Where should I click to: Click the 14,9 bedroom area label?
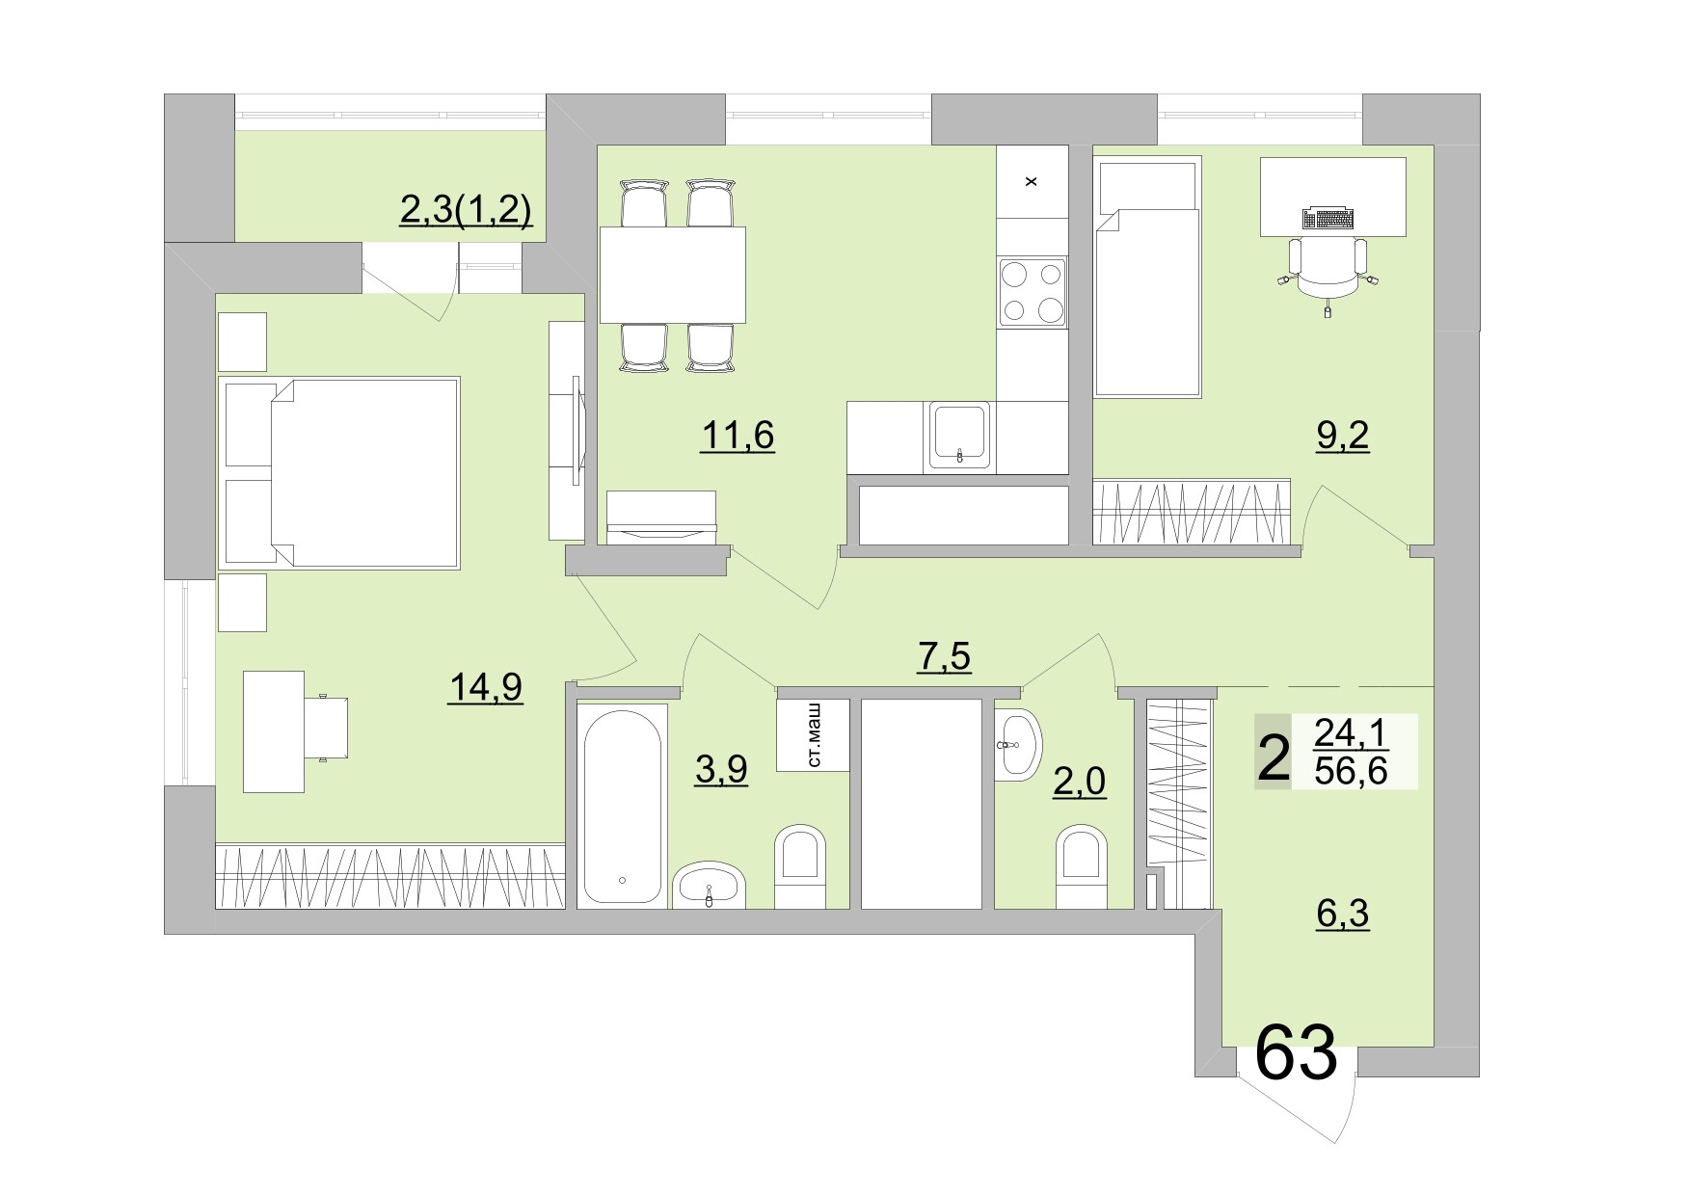(485, 687)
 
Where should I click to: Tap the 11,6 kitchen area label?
(738, 436)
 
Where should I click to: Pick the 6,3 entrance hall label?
(1343, 913)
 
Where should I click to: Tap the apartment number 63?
(1297, 1053)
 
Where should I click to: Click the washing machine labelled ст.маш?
(813, 735)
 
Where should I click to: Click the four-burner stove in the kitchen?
(1033, 293)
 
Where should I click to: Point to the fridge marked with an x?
(1032, 181)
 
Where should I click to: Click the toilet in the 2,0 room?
(1081, 865)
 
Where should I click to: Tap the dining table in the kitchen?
(673, 275)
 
